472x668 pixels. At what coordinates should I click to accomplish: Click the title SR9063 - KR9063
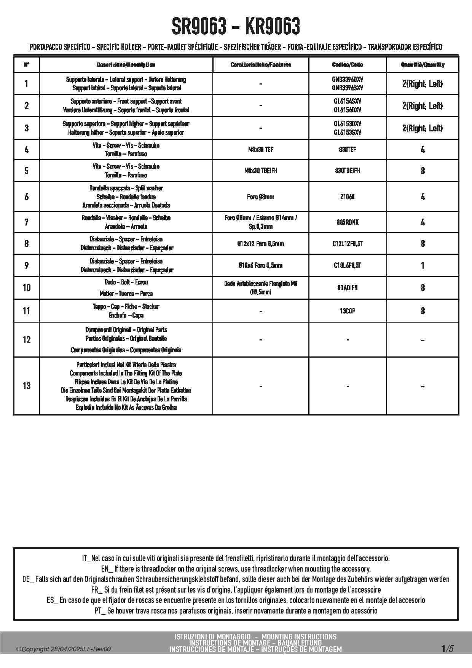(236, 27)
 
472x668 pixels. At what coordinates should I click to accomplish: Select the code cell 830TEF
(348, 150)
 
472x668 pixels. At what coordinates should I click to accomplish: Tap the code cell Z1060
(348, 197)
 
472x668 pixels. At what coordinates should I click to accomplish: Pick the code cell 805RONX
(348, 222)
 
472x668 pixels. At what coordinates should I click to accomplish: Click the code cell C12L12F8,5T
(348, 244)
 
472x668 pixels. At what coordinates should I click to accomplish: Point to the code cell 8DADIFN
(348, 288)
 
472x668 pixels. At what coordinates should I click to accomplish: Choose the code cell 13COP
(348, 311)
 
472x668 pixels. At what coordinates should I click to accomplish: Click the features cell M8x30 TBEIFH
(261, 171)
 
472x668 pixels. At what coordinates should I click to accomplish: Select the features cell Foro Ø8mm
(261, 197)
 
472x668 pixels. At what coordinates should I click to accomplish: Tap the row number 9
(26, 265)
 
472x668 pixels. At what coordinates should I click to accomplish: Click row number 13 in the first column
(26, 386)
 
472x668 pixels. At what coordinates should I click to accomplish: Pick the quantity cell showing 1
(423, 265)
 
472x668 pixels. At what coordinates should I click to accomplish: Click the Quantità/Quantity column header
(423, 65)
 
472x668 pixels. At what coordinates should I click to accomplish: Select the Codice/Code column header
(348, 65)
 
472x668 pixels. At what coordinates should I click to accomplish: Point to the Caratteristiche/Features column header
(261, 65)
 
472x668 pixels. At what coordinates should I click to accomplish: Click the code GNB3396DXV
(348, 80)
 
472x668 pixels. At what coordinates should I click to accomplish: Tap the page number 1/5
(447, 649)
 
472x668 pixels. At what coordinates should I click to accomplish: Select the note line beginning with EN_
(236, 569)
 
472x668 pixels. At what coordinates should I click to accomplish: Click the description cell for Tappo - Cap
(126, 311)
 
